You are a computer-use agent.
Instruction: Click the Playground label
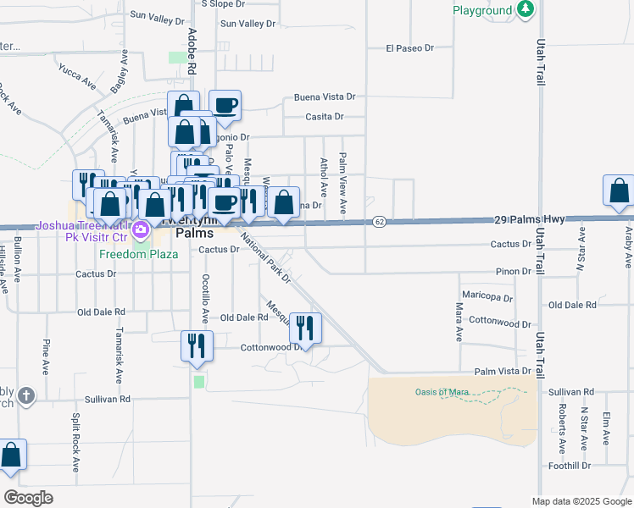(x=481, y=10)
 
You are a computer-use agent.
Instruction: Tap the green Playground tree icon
(x=526, y=9)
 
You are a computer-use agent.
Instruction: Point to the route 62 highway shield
(x=379, y=222)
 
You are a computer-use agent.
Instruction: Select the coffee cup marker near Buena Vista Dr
(x=225, y=107)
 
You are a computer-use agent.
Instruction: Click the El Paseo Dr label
(x=409, y=48)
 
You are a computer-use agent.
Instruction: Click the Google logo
(x=28, y=498)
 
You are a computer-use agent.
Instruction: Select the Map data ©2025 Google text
(x=581, y=501)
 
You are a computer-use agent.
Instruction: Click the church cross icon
(x=26, y=395)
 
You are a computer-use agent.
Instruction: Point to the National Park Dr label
(x=265, y=260)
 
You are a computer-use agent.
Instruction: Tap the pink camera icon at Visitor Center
(x=142, y=227)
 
